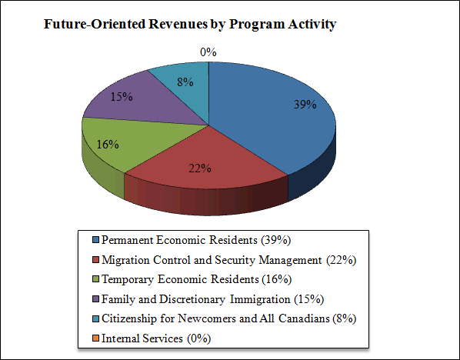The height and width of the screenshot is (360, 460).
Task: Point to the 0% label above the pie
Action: pyautogui.click(x=208, y=52)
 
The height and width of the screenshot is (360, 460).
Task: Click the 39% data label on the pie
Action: pyautogui.click(x=305, y=105)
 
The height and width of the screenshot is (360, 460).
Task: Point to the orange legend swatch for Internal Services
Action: pyautogui.click(x=95, y=338)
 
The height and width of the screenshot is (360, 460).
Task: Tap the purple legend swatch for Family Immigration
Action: pyautogui.click(x=95, y=298)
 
